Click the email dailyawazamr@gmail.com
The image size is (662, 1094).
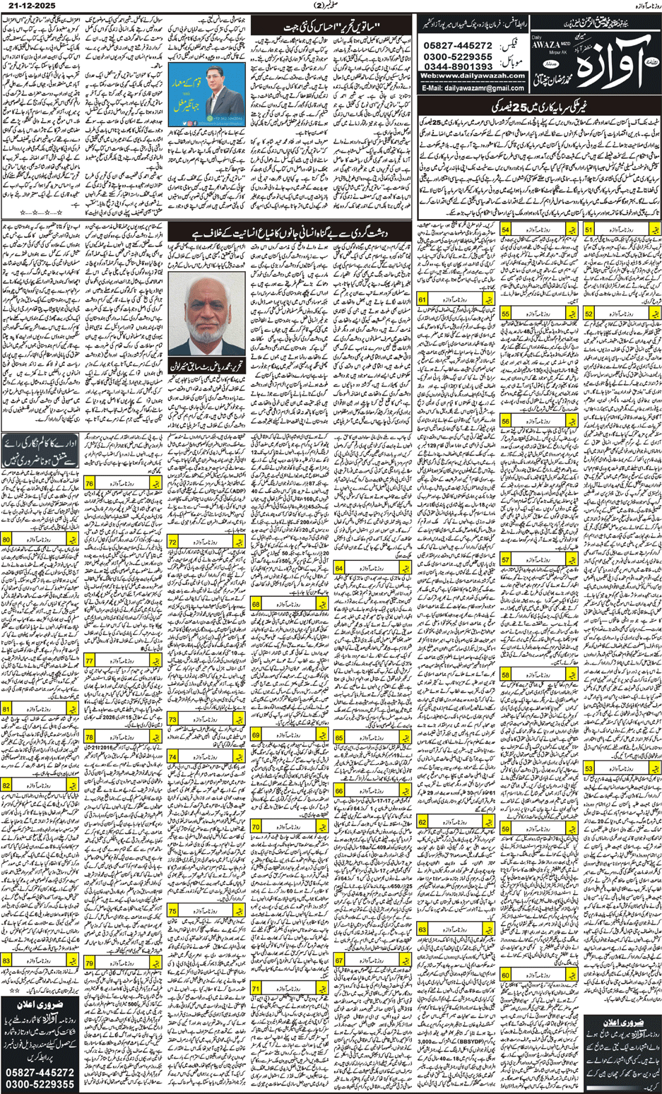(480, 88)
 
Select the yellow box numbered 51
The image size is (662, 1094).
(589, 230)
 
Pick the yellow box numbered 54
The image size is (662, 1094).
(507, 230)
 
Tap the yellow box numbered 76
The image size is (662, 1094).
(90, 483)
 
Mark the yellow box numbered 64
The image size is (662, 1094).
(339, 567)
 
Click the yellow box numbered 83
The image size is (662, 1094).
(7, 961)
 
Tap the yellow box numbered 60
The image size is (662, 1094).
(506, 975)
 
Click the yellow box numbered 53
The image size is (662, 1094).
(589, 768)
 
